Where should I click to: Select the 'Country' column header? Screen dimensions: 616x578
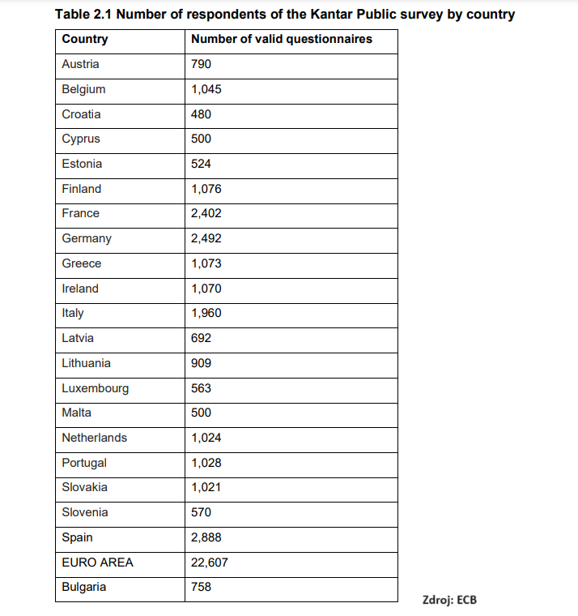coord(84,39)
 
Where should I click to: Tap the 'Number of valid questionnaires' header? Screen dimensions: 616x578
coord(281,39)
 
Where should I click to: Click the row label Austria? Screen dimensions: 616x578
coord(80,64)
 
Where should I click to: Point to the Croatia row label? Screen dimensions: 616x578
coord(81,114)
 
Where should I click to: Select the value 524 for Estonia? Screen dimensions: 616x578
coord(201,164)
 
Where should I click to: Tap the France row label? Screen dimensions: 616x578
coord(80,213)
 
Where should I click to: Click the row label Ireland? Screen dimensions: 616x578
coord(80,289)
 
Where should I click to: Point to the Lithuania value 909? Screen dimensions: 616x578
coord(201,363)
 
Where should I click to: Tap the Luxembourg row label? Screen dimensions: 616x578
coord(95,388)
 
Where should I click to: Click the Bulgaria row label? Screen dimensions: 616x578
coord(83,587)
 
